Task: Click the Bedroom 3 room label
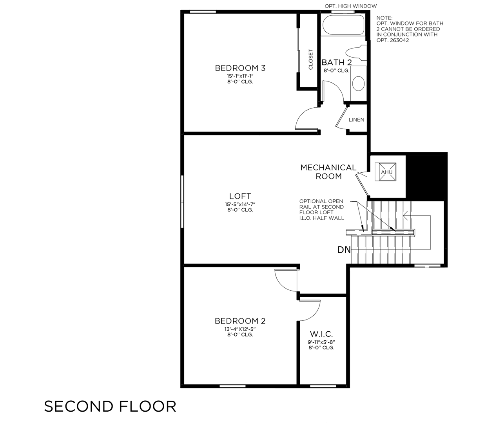[x=240, y=68]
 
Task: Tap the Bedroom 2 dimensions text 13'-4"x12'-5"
[x=240, y=329]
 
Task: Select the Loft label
[x=240, y=196]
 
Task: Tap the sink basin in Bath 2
[x=358, y=83]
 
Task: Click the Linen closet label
[x=356, y=120]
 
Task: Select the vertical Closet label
[x=311, y=60]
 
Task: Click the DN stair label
[x=344, y=249]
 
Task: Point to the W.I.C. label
[x=321, y=334]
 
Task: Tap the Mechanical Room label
[x=328, y=172]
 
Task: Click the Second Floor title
[x=110, y=407]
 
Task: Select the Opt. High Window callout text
[x=350, y=6]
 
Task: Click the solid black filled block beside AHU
[x=426, y=176]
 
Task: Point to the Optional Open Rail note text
[x=321, y=210]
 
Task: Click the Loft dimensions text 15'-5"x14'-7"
[x=240, y=204]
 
